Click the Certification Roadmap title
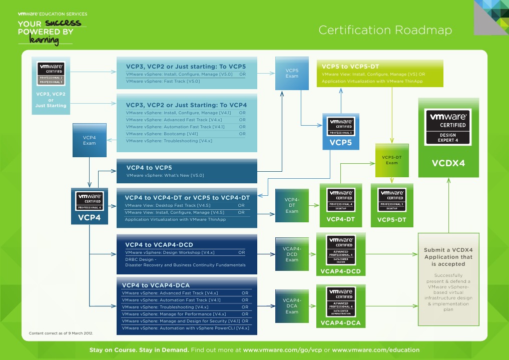[x=385, y=30]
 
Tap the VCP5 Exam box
[x=292, y=73]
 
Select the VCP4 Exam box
[x=89, y=140]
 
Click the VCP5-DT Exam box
[x=391, y=160]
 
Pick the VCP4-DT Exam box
[x=292, y=205]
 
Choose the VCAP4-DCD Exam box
[x=292, y=254]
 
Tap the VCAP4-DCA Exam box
[x=292, y=306]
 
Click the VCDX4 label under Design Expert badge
[x=448, y=163]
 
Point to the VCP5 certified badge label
[x=340, y=143]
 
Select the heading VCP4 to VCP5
[x=149, y=168]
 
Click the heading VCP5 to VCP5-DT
[x=350, y=66]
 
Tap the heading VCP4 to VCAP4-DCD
[x=159, y=244]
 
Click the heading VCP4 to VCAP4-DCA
[x=156, y=285]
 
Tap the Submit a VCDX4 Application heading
[x=448, y=257]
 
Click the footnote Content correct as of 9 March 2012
[x=61, y=333]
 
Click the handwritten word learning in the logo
[x=44, y=40]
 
